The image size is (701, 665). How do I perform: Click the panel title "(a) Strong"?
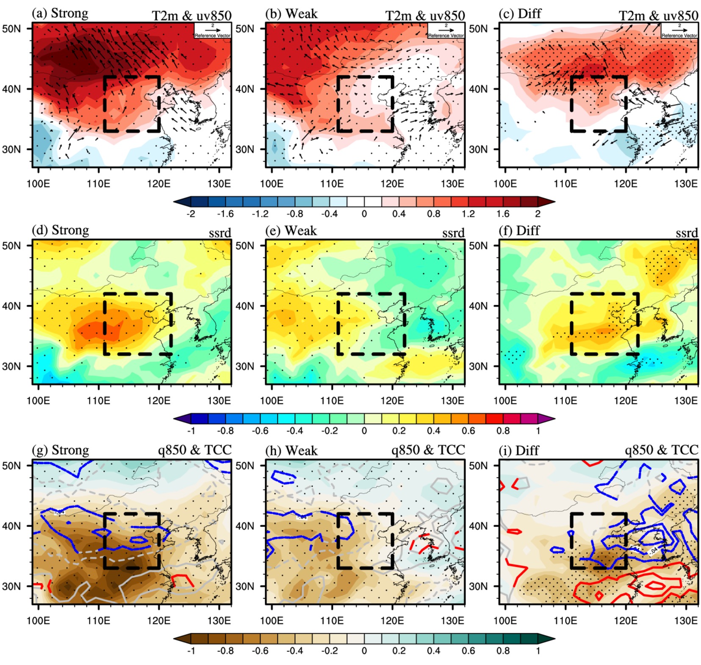coord(60,14)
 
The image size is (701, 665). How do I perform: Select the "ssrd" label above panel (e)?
coord(453,233)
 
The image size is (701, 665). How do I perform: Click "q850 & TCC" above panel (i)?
coord(662,450)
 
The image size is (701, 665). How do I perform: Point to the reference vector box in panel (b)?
coord(446,30)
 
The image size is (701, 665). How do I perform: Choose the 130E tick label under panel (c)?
coord(686,184)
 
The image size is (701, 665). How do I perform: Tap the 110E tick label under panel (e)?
coord(332,400)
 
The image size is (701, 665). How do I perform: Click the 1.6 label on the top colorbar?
coord(503,214)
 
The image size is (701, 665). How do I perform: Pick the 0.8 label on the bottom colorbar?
coord(503,651)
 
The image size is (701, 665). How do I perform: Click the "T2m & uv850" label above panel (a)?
coord(191,16)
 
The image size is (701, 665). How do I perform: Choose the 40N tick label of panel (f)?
coord(478,306)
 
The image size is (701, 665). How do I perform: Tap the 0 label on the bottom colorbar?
coord(364,651)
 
